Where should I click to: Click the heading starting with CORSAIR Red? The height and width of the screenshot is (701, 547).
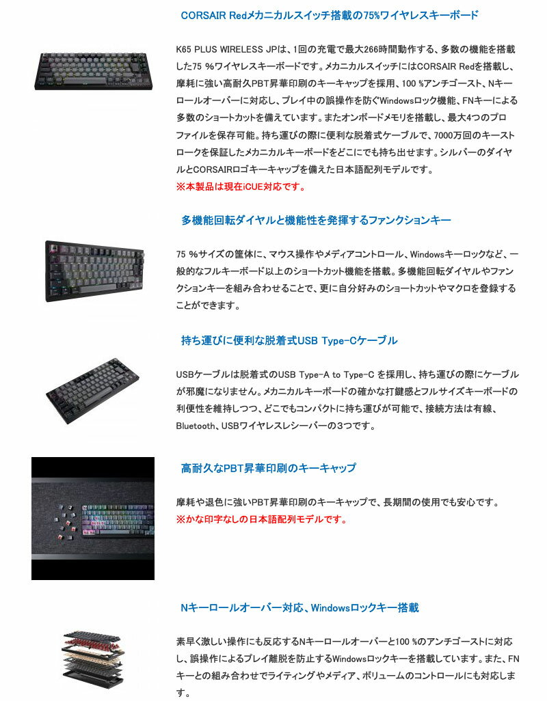pyautogui.click(x=329, y=15)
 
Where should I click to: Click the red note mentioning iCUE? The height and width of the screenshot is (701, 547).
pyautogui.click(x=240, y=187)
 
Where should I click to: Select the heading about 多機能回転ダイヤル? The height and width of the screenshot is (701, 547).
pyautogui.click(x=316, y=221)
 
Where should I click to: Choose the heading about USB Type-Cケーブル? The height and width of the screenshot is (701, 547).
pyautogui.click(x=289, y=340)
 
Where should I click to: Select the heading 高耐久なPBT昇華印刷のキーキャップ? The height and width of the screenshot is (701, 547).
pyautogui.click(x=268, y=468)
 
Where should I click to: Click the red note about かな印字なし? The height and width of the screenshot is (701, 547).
pyautogui.click(x=261, y=519)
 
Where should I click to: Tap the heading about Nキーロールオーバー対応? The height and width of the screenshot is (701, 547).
pyautogui.click(x=299, y=607)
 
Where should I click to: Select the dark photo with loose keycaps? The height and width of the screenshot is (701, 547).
pyautogui.click(x=93, y=519)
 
